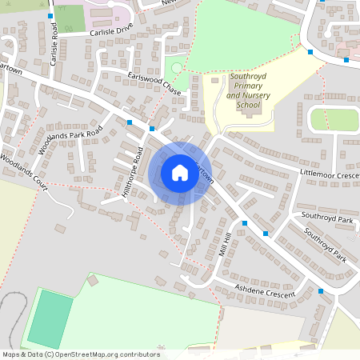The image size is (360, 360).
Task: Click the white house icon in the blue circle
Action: point(179,172)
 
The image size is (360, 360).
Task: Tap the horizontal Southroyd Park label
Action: point(326,218)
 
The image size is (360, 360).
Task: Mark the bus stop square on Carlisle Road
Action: point(50,16)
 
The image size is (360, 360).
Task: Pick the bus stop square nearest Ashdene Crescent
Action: point(321,291)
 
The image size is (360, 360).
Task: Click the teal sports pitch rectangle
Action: point(49,318)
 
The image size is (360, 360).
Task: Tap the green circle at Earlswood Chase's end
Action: point(177,69)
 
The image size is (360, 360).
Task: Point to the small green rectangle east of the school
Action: point(333,119)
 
